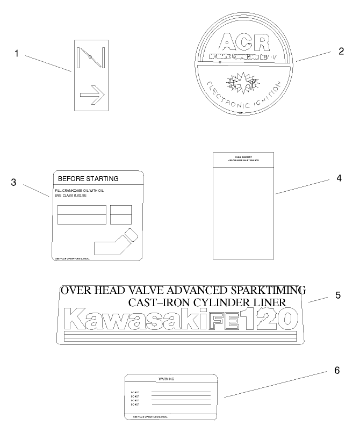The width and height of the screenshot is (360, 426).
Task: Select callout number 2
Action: [x=341, y=51]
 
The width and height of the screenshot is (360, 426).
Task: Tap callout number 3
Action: [x=13, y=182]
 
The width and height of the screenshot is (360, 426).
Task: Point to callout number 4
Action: [x=339, y=178]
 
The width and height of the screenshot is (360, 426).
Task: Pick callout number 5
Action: [x=338, y=295]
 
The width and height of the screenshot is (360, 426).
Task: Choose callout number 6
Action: [x=337, y=370]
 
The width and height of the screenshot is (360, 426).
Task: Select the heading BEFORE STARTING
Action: [x=88, y=178]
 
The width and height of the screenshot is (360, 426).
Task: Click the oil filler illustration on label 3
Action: [x=116, y=242]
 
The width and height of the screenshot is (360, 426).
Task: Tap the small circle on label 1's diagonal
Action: [x=90, y=57]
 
